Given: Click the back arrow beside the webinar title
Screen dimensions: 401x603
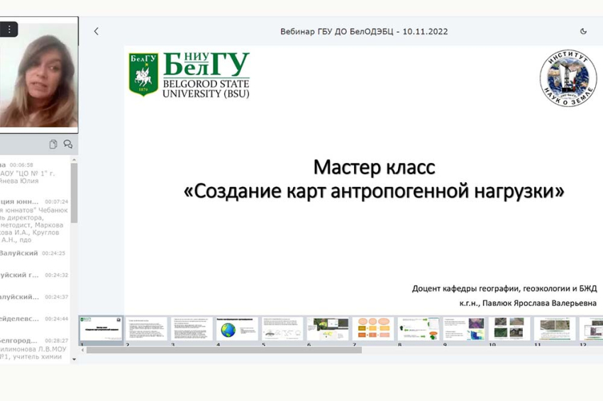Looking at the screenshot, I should coord(96,31).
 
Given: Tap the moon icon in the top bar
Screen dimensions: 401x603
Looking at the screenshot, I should coord(583,31).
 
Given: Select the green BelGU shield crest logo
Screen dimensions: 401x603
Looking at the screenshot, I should coord(143,74).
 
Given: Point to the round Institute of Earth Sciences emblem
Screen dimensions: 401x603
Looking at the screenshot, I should coord(568,78).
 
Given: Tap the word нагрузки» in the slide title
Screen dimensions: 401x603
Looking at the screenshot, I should coord(521,191).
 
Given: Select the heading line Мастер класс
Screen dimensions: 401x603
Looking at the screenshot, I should coord(374,167).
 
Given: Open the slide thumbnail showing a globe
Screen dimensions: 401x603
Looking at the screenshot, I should coord(237,329).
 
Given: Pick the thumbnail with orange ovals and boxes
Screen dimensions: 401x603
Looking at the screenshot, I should coord(373,329).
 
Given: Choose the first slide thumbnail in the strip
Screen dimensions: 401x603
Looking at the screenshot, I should coord(101,329).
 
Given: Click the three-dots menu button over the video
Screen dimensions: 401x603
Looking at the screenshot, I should coord(9,30).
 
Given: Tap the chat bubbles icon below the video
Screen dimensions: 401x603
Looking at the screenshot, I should coord(68,144).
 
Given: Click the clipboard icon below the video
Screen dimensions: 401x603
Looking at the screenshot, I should coord(53,144).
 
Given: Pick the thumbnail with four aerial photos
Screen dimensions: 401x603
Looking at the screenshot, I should coord(509,329).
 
